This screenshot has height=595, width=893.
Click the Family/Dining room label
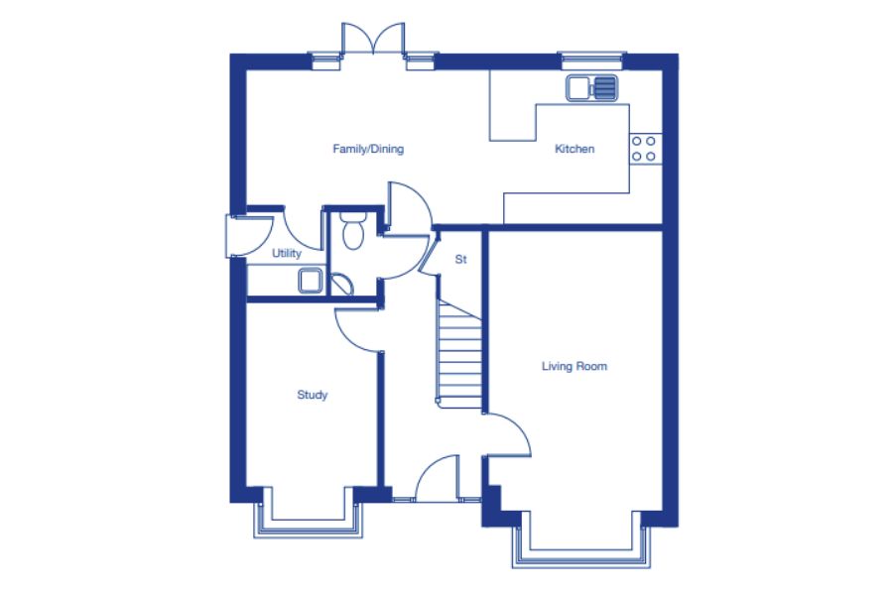click(x=368, y=149)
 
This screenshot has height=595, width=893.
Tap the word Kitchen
click(x=574, y=149)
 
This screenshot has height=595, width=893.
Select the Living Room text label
click(x=574, y=366)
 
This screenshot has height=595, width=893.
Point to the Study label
click(x=313, y=395)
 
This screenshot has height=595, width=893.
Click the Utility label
click(x=287, y=254)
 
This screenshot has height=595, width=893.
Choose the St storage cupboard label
click(x=460, y=260)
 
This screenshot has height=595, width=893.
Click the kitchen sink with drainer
click(x=591, y=87)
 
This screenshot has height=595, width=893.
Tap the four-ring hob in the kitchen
click(x=645, y=149)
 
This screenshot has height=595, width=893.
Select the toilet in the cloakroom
click(x=353, y=231)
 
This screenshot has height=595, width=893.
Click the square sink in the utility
click(x=311, y=281)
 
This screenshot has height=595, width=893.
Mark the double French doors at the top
click(x=373, y=39)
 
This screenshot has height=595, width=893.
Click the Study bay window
click(x=309, y=521)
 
